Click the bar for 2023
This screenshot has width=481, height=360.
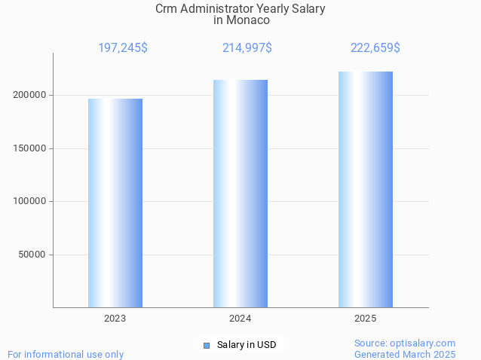point(115,203)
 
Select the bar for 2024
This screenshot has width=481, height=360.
point(240,194)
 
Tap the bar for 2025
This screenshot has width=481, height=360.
point(366,189)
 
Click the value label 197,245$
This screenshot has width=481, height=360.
point(123,48)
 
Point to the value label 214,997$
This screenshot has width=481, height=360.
point(247,48)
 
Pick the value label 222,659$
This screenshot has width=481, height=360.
point(375,48)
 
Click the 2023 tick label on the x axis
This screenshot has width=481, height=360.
point(115,319)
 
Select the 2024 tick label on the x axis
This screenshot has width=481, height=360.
point(240,319)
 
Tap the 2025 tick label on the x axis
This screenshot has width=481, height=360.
point(366,319)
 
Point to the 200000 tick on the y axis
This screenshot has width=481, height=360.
point(30,95)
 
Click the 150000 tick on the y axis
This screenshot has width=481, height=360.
point(30,148)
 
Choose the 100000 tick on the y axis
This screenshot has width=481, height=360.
point(30,201)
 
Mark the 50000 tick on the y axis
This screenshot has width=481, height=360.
point(32,255)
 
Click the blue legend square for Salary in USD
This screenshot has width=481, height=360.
point(206,346)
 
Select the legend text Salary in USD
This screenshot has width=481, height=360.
point(247,346)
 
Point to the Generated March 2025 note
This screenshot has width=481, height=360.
point(405,354)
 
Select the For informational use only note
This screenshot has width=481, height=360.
point(66,354)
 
